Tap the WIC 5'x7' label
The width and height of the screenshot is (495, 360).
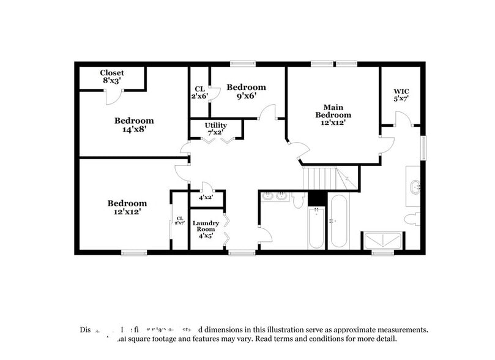tap(401, 95)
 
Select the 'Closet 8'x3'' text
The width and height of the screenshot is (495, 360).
tap(112, 77)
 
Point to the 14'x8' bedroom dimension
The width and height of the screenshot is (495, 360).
tap(134, 129)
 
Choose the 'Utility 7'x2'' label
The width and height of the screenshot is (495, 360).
tap(216, 129)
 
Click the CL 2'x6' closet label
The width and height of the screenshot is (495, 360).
tap(199, 92)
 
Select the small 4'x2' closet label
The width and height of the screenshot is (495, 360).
tap(206, 197)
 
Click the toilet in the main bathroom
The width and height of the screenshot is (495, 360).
tap(412, 218)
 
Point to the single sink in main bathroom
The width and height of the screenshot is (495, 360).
tap(414, 186)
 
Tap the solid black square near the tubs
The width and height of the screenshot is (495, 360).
tap(316, 198)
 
